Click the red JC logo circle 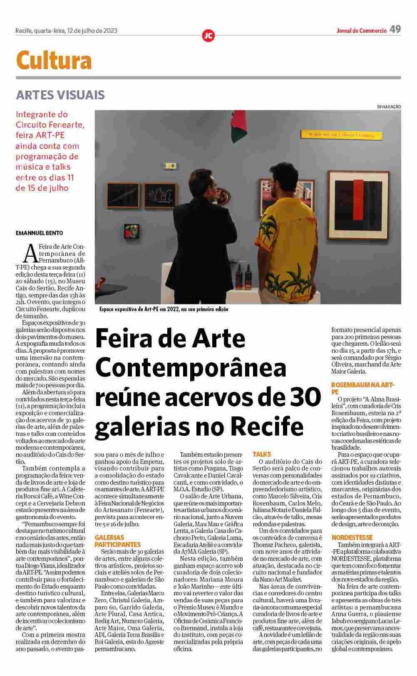pos(208,36)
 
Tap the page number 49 pos(395,29)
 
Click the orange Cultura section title pos(54,61)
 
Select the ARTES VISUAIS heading pos(60,95)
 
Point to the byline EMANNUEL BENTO pos(40,233)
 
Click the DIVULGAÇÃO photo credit pos(389,107)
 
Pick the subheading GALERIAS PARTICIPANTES pos(118,541)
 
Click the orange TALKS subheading pos(262,454)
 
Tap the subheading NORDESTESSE pos(352,537)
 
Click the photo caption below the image pos(164,310)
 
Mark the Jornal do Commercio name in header pos(362,30)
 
